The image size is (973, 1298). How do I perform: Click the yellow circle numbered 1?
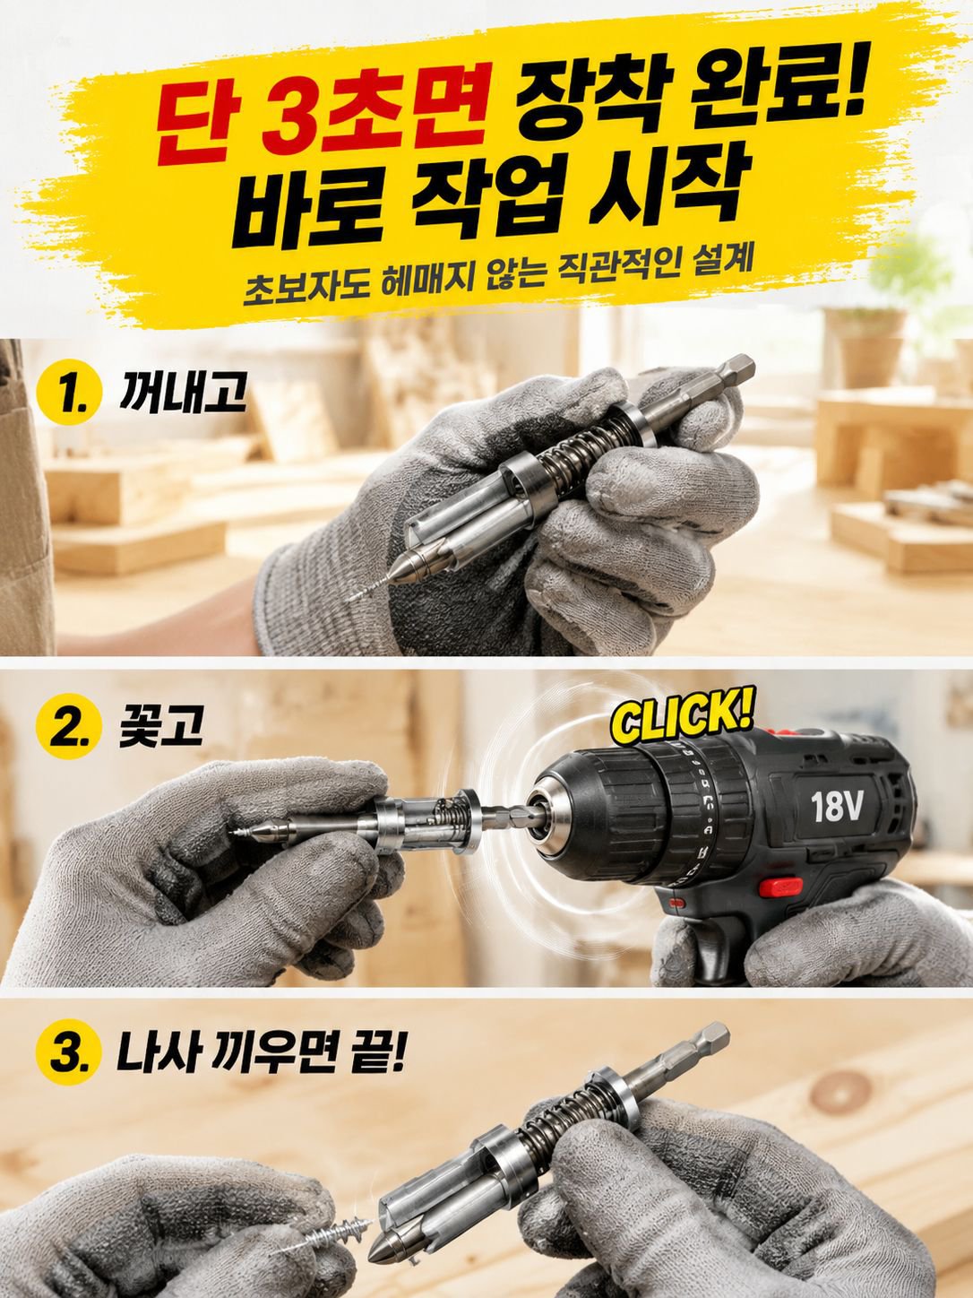(x=65, y=394)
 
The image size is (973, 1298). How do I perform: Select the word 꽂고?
(x=160, y=725)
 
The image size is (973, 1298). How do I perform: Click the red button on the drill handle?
(x=780, y=887)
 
